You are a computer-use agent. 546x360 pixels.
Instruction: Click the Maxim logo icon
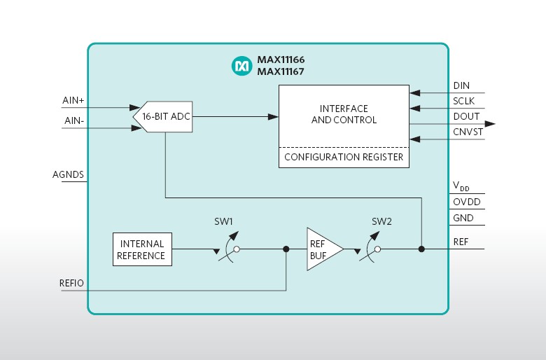pyautogui.click(x=241, y=66)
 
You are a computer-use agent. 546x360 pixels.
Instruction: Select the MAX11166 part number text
pyautogui.click(x=281, y=60)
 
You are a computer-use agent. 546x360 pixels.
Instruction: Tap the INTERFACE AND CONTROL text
pyautogui.click(x=344, y=114)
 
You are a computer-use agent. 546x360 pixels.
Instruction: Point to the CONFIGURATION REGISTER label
pyautogui.click(x=344, y=157)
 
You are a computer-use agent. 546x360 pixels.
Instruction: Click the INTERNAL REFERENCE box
pyautogui.click(x=142, y=249)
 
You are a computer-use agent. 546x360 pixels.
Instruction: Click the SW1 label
pyautogui.click(x=223, y=221)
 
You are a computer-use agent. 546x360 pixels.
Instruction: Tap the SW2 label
pyautogui.click(x=381, y=221)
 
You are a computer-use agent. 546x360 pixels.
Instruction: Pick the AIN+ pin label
pyautogui.click(x=73, y=101)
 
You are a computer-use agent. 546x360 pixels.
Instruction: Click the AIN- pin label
pyautogui.click(x=73, y=121)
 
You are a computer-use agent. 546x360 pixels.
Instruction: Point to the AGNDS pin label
pyautogui.click(x=68, y=174)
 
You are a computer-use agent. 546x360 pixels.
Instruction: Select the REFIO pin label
pyautogui.click(x=72, y=283)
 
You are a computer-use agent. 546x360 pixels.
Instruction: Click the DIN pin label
pyautogui.click(x=461, y=85)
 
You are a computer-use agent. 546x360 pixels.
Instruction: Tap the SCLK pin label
pyautogui.click(x=463, y=101)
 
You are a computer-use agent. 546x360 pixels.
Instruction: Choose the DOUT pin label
pyautogui.click(x=466, y=116)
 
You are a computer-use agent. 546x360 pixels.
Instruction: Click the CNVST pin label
pyautogui.click(x=468, y=132)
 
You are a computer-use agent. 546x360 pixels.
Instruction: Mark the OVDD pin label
pyautogui.click(x=467, y=202)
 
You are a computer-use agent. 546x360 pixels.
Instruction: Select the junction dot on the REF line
pyautogui.click(x=421, y=249)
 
